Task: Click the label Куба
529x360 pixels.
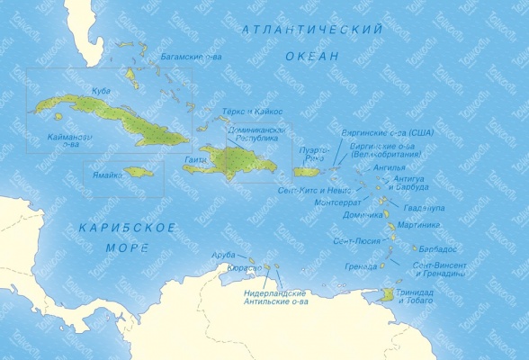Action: click(101, 91)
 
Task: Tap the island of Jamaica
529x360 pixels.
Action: click(140, 171)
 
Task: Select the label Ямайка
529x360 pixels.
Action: click(107, 175)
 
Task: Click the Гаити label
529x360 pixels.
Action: click(194, 159)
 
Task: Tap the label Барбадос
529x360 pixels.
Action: click(440, 248)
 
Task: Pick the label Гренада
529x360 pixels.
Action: click(360, 266)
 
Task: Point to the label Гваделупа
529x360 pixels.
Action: click(426, 208)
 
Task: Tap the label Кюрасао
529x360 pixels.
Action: click(243, 268)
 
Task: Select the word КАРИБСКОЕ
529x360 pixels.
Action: click(126, 227)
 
